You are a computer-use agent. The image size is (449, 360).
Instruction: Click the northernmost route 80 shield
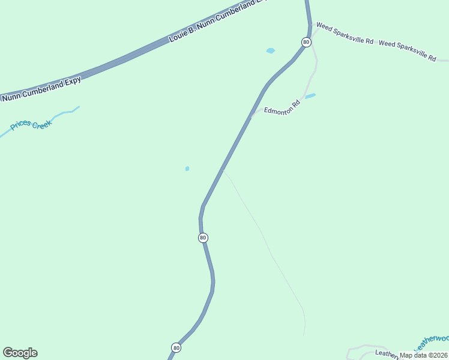coord(306,42)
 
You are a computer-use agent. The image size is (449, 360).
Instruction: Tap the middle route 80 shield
coord(203,238)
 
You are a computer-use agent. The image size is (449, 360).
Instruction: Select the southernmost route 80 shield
coord(176,347)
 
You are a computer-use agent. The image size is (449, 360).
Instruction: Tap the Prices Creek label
coord(31,125)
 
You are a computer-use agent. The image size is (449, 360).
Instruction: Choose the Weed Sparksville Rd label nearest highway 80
coord(345,35)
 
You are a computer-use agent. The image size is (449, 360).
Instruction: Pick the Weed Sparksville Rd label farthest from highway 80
coord(408,50)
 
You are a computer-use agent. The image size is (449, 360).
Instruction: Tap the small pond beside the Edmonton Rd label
coord(310,96)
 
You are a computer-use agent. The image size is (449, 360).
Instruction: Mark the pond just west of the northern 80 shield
coord(271,51)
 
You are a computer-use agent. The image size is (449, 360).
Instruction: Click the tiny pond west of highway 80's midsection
coord(187,169)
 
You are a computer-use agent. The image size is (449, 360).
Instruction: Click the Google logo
coord(20,352)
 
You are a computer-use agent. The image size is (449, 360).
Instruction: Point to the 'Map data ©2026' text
coord(424,355)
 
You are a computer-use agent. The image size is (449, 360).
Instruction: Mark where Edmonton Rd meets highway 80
coord(253,116)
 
